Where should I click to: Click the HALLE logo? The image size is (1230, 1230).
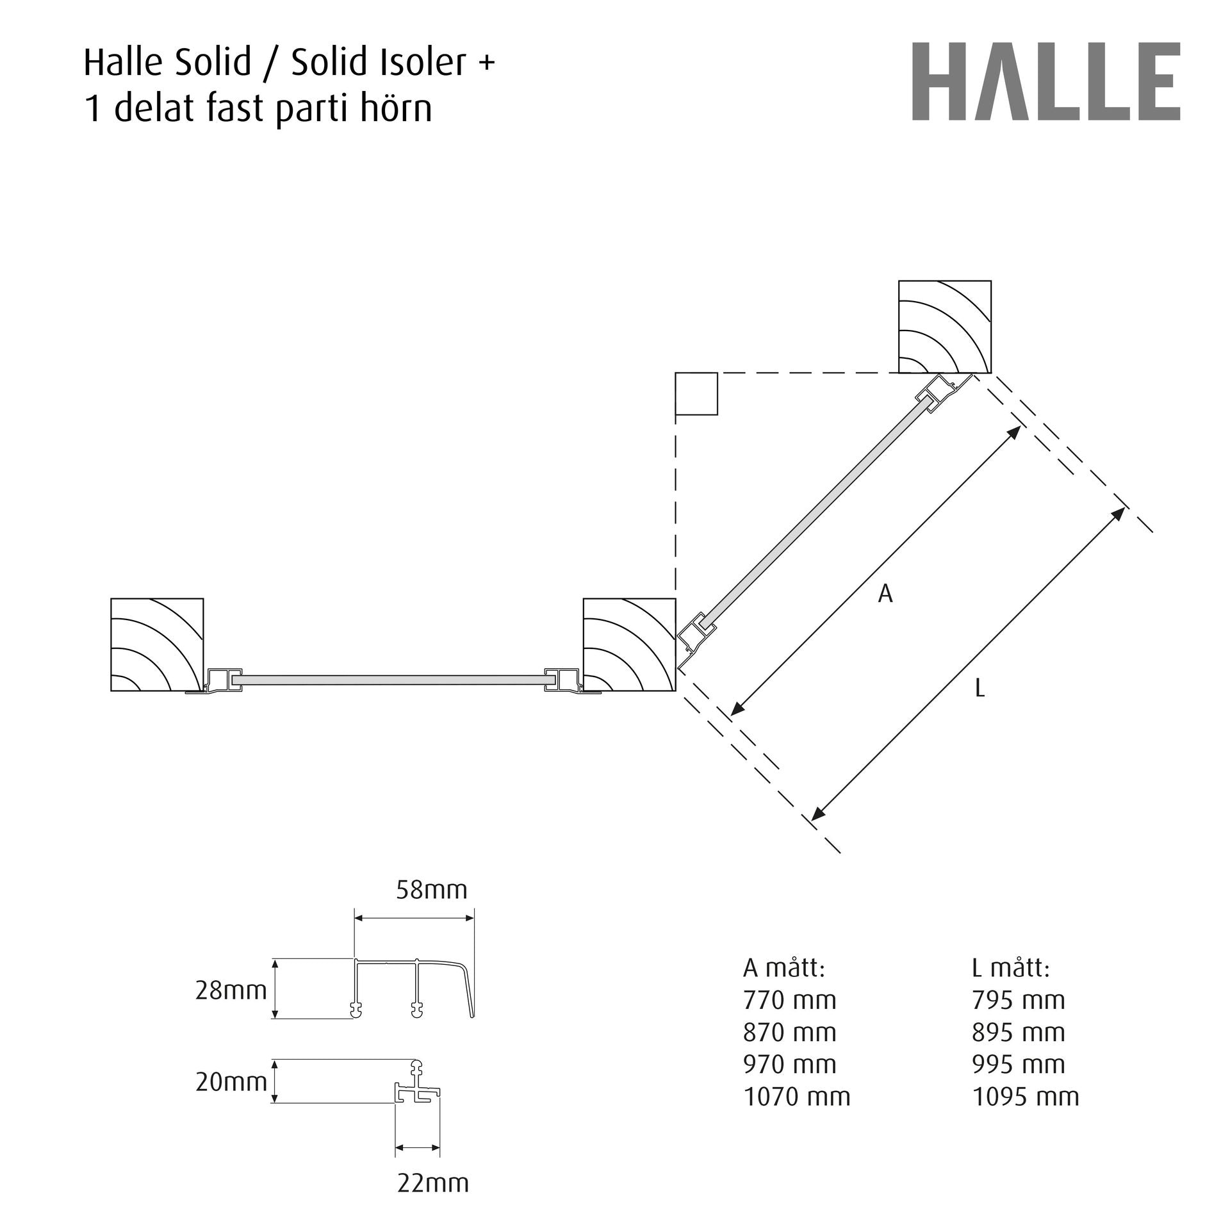pos(1046,81)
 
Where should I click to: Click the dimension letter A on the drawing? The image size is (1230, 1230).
pos(885,594)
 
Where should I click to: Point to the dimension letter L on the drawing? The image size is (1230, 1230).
pos(980,688)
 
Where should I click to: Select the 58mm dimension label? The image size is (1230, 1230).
pos(432,890)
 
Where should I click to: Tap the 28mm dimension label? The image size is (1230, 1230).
pos(231,990)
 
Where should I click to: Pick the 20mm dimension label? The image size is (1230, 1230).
pos(231,1082)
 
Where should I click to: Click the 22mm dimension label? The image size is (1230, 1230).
pos(433,1183)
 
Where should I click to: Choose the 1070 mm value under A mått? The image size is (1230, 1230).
pos(797,1097)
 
